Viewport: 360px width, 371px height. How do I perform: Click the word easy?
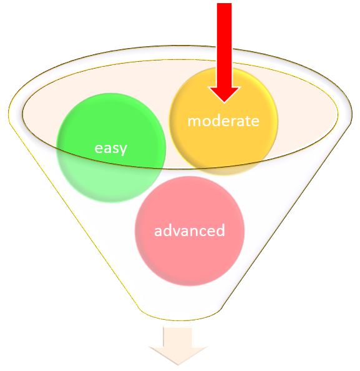pos(110,149)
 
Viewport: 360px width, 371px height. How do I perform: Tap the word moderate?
pos(223,121)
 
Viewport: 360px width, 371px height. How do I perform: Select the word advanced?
pos(189,230)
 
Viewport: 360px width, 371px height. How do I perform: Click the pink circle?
pos(190,231)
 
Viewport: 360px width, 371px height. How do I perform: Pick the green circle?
pos(111,147)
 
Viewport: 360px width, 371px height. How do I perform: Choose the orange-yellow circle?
pos(223,121)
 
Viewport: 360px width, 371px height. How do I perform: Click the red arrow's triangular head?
pos(224,94)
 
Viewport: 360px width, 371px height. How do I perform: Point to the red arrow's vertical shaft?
pos(224,45)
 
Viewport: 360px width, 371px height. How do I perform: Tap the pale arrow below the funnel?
pos(178,345)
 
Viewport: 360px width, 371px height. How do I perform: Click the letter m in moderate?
pos(194,122)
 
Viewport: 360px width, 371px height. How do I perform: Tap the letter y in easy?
pos(123,150)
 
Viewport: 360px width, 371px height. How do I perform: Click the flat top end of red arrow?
pos(225,4)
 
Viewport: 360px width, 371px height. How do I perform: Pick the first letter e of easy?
pos(99,149)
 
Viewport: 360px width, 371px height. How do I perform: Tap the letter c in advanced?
pos(201,232)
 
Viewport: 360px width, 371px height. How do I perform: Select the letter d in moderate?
pos(218,121)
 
